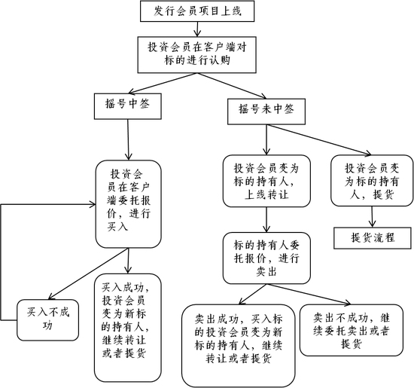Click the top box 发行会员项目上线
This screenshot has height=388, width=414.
point(197,11)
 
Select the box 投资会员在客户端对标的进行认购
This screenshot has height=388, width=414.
point(197,55)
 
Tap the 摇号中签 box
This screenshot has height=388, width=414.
point(128,106)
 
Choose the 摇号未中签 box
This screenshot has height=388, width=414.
point(266,112)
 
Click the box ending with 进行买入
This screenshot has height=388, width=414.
point(128,204)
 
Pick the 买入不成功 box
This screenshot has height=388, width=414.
point(47,320)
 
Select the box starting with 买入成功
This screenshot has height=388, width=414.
point(128,328)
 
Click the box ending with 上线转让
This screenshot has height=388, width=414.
point(266,181)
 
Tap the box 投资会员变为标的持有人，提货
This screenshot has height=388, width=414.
point(372,181)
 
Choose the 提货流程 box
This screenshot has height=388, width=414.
point(373,238)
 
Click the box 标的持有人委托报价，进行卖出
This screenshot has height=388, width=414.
point(266,258)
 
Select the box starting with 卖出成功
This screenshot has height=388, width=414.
point(239,346)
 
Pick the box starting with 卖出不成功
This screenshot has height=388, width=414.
point(352,330)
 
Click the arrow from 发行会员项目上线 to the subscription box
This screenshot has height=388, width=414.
point(197,29)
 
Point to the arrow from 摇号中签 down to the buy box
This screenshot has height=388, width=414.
point(128,139)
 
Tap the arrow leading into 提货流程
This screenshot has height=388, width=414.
point(373,217)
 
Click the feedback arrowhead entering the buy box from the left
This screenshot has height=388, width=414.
point(93,204)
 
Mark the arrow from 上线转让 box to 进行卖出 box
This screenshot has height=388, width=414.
point(266,220)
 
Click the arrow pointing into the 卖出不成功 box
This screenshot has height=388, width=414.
point(309,294)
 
